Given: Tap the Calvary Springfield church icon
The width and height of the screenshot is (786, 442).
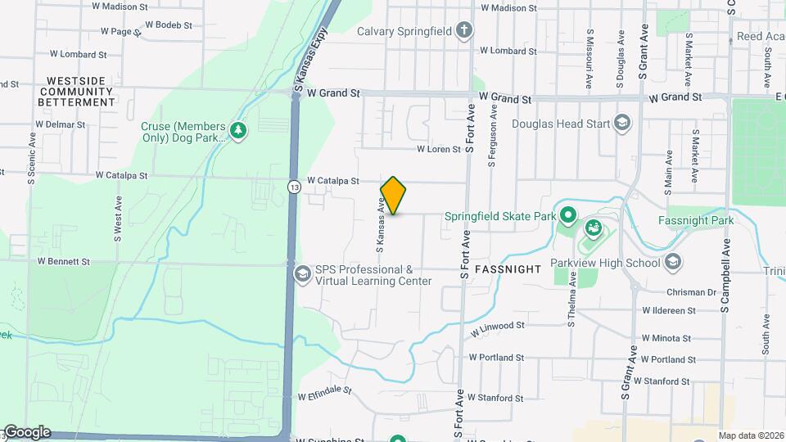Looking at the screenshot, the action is (x=464, y=31).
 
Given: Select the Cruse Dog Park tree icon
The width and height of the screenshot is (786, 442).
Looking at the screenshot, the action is (x=238, y=131).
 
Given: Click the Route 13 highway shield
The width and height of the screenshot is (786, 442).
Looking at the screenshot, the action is (x=293, y=187).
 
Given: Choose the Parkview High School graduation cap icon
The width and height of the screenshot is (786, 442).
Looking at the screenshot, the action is (x=673, y=263).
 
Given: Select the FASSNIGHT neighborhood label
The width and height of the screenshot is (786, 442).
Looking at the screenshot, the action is (x=506, y=268).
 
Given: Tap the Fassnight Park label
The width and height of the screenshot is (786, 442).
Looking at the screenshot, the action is (x=696, y=220).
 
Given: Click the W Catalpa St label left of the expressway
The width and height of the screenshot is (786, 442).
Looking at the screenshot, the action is (x=121, y=175).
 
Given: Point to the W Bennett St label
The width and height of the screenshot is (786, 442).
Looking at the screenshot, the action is (x=63, y=262).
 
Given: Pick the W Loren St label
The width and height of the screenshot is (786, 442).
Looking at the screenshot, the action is (x=439, y=150).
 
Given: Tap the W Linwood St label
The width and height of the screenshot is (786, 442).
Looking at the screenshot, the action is (x=497, y=326).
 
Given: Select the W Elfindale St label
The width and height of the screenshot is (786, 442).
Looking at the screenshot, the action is (x=324, y=394).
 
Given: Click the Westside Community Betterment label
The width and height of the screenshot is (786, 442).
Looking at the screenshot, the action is (x=77, y=92).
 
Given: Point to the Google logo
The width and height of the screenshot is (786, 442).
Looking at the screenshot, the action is (x=26, y=432).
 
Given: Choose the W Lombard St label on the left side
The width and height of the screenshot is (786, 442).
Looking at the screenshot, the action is (x=79, y=55).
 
